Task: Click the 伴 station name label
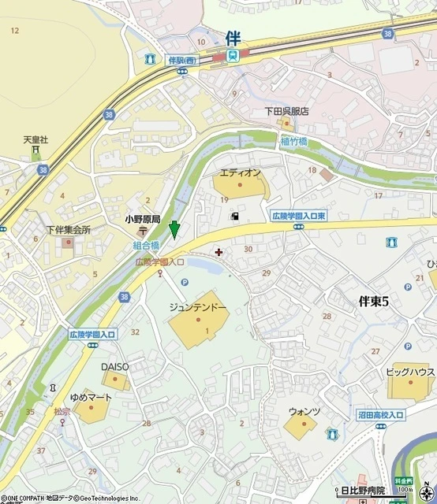click(x=232, y=37)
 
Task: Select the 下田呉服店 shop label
click(x=286, y=112)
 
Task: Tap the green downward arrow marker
click(x=174, y=230)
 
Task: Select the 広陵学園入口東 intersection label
click(x=298, y=215)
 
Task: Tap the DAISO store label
click(x=114, y=366)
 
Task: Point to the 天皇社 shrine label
click(x=35, y=139)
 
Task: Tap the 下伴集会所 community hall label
click(x=68, y=230)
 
